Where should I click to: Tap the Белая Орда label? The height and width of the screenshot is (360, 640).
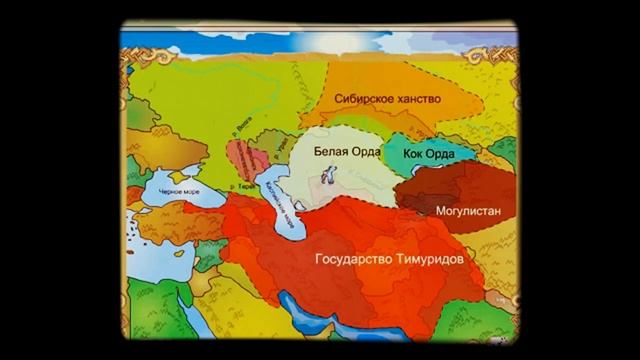[x=343, y=152]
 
